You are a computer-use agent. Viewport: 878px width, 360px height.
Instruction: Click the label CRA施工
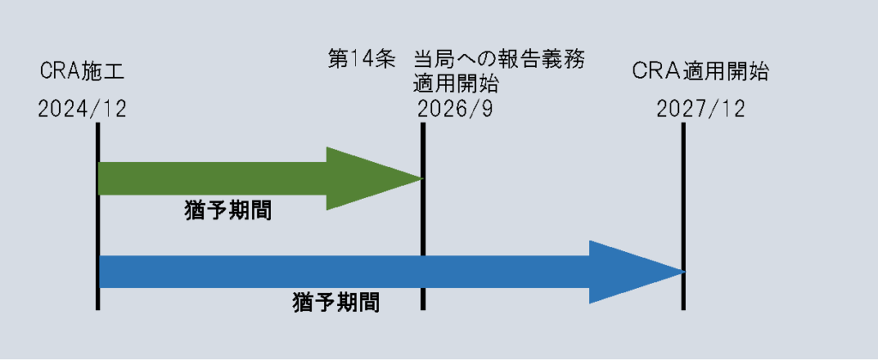pos(81,72)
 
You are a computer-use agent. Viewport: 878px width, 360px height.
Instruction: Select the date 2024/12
pos(82,109)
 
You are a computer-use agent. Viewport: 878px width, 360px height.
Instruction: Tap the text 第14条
pos(362,58)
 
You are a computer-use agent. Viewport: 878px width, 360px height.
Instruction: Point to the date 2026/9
pos(455,109)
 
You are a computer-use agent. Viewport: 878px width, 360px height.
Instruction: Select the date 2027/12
pos(701,109)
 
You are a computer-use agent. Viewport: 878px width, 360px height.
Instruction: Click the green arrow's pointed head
pos(422,179)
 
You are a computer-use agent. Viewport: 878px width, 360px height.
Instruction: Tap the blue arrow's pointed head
pos(685,273)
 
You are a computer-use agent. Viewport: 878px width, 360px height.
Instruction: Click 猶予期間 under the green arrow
pos(228,212)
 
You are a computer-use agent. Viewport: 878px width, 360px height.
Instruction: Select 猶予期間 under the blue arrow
pos(336,304)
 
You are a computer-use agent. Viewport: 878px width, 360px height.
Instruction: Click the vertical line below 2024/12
pos(98,216)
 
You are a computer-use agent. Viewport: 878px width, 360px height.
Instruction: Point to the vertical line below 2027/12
pos(683,216)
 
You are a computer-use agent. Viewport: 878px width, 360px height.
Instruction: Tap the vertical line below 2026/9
pos(423,216)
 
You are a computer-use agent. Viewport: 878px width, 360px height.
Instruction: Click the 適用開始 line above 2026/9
pos(456,85)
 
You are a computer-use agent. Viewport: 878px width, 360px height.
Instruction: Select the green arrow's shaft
pos(213,179)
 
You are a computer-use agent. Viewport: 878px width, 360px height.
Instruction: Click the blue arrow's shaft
pos(345,272)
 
